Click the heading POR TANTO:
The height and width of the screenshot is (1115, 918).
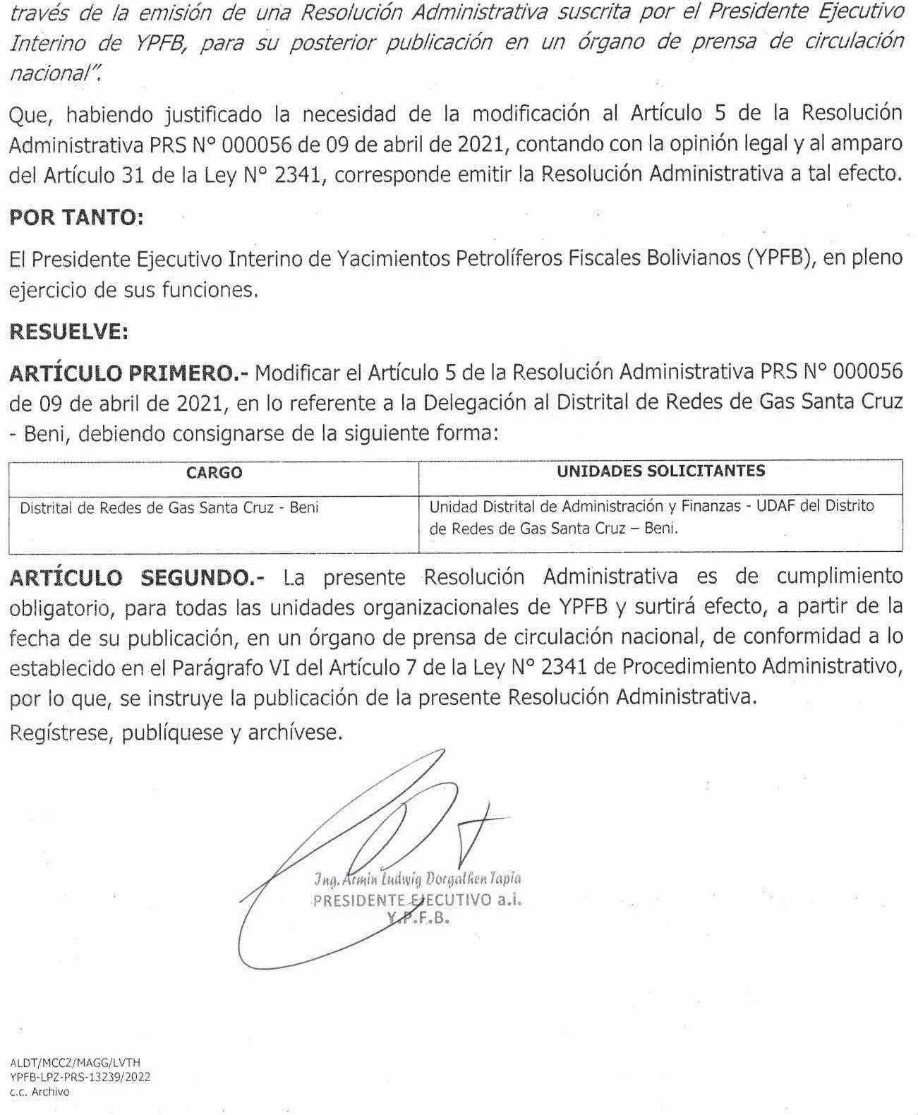coord(76,217)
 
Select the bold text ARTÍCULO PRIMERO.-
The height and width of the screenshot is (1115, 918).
coord(131,372)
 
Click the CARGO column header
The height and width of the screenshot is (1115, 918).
coord(214,473)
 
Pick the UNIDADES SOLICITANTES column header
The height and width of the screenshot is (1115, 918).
coord(660,471)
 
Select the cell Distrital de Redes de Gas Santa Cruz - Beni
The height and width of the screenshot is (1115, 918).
coord(169,507)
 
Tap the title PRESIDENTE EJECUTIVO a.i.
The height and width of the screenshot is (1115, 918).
coord(417,900)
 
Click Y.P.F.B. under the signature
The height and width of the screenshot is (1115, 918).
coord(418,919)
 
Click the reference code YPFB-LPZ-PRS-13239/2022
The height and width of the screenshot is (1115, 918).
coord(80,1077)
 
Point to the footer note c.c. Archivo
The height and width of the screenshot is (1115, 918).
coord(40,1091)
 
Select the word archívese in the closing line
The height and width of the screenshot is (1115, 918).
coord(294,733)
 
